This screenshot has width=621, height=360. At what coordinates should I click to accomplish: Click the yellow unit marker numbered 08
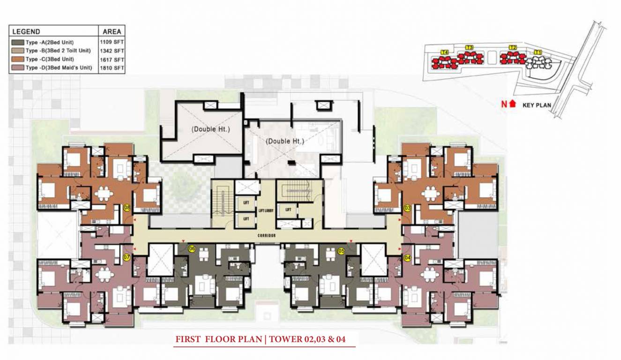(127, 208)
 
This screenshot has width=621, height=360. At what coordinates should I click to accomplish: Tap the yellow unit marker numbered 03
(407, 208)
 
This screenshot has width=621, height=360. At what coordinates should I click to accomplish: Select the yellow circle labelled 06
(191, 249)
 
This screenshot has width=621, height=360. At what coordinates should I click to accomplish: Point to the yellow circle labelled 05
(341, 251)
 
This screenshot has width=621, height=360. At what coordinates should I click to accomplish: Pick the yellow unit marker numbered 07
(127, 257)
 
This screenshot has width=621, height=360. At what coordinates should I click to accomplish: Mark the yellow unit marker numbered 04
(407, 257)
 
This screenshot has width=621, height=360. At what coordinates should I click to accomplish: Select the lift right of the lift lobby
(288, 210)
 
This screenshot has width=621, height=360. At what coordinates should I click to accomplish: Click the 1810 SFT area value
(112, 68)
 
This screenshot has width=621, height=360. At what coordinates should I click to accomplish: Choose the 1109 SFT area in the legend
(112, 42)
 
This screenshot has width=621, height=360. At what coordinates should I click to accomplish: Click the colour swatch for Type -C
(18, 60)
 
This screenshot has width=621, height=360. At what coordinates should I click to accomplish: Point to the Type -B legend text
(58, 51)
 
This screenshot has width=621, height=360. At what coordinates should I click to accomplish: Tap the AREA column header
(112, 32)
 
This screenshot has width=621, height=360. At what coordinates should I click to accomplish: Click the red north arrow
(512, 105)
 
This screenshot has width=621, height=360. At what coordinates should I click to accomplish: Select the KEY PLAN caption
(537, 105)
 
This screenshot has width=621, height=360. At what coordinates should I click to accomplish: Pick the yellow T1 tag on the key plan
(538, 52)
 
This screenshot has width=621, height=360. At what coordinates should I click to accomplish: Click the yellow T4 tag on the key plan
(445, 51)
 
